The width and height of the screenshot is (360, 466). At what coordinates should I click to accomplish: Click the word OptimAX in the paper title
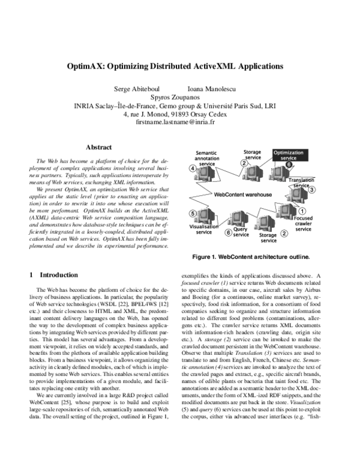click(101, 67)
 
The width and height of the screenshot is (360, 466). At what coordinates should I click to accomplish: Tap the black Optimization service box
click(289, 157)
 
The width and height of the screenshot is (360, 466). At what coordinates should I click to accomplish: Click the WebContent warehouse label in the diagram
click(243, 195)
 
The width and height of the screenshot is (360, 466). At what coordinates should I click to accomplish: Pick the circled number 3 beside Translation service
click(312, 189)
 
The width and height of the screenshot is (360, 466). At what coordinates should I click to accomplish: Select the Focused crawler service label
click(304, 223)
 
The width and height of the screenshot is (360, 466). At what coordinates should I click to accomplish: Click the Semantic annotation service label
click(206, 159)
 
